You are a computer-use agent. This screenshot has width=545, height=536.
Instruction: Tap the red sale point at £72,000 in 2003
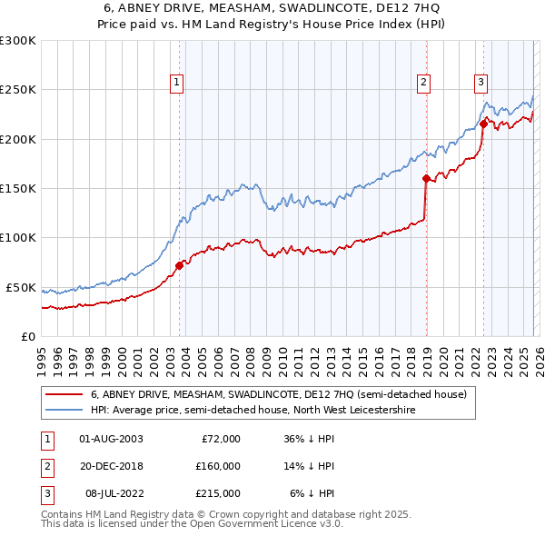pos(179,265)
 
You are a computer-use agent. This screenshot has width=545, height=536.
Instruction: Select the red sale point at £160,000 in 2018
pos(425,179)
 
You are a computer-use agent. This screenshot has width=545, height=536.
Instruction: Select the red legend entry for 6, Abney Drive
pos(278,394)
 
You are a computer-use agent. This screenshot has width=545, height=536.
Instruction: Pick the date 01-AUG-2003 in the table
pos(111,439)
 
